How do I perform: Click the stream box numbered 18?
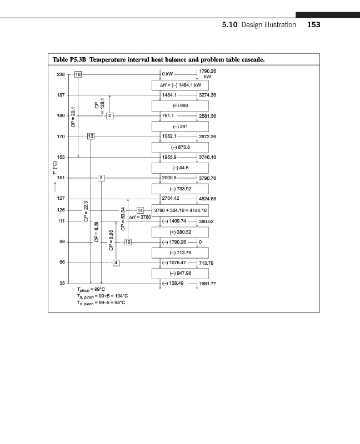pyautogui.click(x=78, y=74)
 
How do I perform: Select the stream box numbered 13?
pyautogui.click(x=91, y=136)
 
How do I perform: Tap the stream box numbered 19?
pyautogui.click(x=128, y=242)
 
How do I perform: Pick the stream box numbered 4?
pyautogui.click(x=116, y=262)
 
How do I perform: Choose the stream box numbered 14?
pyautogui.click(x=140, y=210)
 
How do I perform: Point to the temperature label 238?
pyautogui.click(x=61, y=74)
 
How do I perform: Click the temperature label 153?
pyautogui.click(x=61, y=157)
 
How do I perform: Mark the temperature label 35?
pyautogui.click(x=62, y=283)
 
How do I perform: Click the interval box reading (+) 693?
pyautogui.click(x=179, y=105)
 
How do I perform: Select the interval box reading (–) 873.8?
pyautogui.click(x=179, y=147)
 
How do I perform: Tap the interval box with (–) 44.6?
pyautogui.click(x=179, y=168)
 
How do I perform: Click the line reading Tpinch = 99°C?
pyautogui.click(x=91, y=289)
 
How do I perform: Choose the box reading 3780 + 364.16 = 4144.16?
pyautogui.click(x=179, y=210)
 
